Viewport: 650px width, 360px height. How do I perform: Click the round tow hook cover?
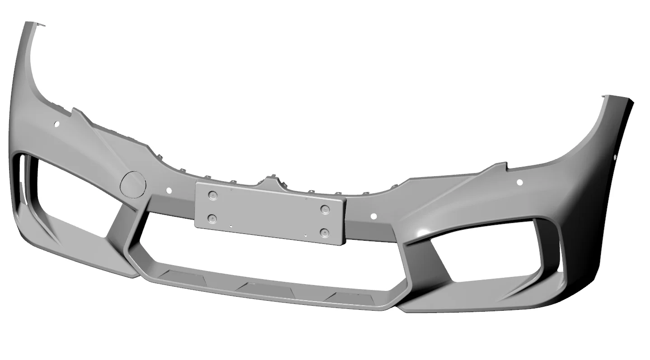pyautogui.click(x=133, y=184)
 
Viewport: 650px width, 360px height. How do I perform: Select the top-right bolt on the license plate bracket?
pyautogui.click(x=324, y=209)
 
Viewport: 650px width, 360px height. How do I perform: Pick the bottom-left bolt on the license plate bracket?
pyautogui.click(x=212, y=219)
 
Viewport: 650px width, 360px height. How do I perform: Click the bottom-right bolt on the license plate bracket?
pyautogui.click(x=323, y=233)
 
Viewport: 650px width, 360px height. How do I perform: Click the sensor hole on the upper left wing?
pyautogui.click(x=57, y=124)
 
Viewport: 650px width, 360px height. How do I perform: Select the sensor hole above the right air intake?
pyautogui.click(x=519, y=182)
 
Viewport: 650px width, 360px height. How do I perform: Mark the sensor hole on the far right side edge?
pyautogui.click(x=615, y=158)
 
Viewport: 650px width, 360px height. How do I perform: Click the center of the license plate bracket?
pyautogui.click(x=271, y=213)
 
